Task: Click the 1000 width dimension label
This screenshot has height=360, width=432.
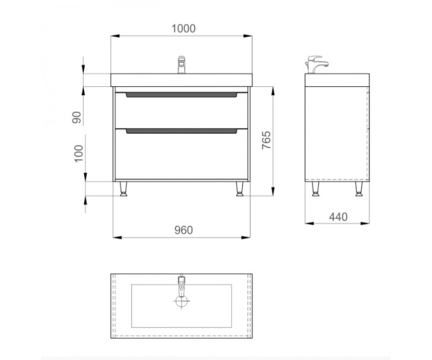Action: (183, 28)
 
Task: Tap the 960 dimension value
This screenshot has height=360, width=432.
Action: (183, 230)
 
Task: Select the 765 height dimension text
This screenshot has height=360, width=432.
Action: (266, 141)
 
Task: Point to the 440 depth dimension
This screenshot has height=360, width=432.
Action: (338, 217)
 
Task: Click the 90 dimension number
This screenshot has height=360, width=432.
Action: (77, 117)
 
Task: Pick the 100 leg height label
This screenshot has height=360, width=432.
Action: (79, 153)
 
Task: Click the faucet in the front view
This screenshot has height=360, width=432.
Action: (181, 65)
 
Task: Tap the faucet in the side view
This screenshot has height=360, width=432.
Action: (316, 65)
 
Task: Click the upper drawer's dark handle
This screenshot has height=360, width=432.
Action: (182, 95)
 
